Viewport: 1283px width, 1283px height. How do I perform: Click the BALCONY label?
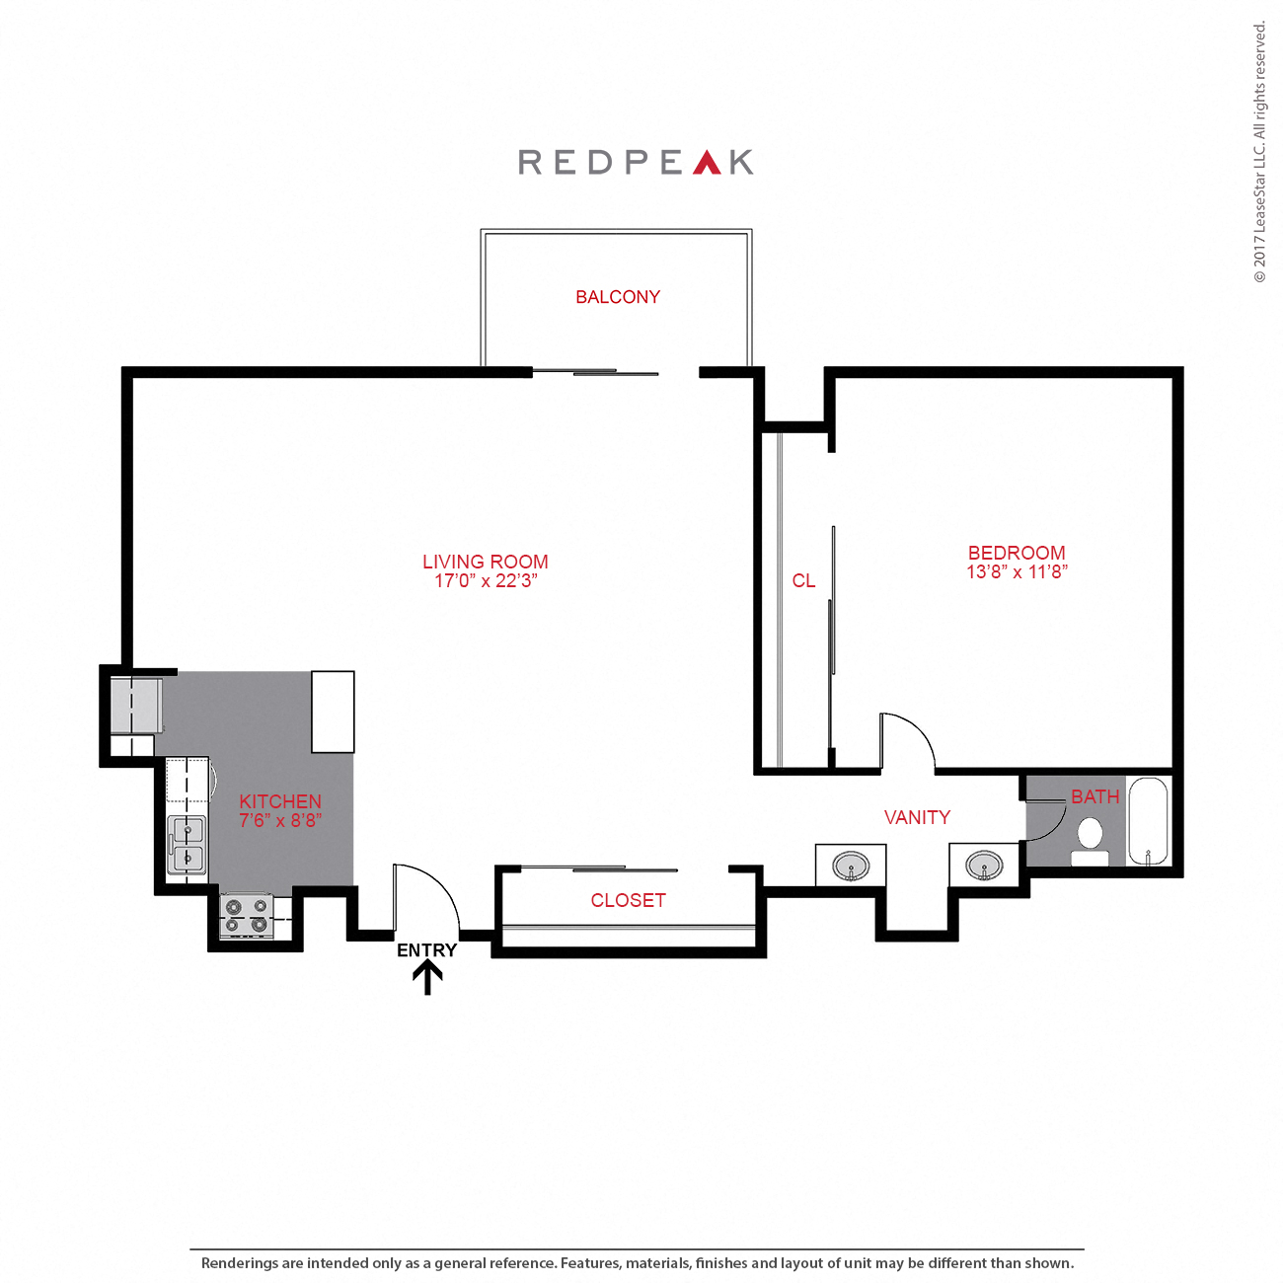(x=618, y=297)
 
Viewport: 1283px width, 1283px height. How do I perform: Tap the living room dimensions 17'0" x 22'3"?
(x=486, y=581)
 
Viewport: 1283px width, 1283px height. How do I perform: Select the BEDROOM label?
(x=1017, y=553)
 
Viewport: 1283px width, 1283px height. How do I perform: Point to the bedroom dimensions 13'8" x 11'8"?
(x=1017, y=571)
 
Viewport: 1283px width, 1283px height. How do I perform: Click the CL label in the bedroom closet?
(x=803, y=581)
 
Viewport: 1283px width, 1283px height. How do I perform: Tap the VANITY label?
(x=917, y=817)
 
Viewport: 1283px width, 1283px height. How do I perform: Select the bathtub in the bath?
(x=1148, y=822)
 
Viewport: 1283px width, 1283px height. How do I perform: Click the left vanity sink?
(x=851, y=868)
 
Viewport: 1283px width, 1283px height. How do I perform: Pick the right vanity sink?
(x=983, y=867)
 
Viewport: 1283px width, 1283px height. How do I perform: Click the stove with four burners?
(x=247, y=915)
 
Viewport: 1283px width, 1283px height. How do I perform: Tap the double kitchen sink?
(x=188, y=845)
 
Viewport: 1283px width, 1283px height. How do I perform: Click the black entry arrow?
(x=427, y=978)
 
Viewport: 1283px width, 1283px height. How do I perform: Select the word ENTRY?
(x=426, y=950)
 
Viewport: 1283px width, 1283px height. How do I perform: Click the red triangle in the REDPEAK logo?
(x=707, y=163)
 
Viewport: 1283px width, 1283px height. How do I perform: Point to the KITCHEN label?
(x=280, y=801)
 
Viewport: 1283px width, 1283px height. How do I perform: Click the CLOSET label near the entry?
(x=628, y=900)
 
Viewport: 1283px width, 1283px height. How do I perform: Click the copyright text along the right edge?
(x=1259, y=153)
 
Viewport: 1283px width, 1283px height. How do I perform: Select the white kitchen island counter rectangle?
(x=333, y=712)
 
